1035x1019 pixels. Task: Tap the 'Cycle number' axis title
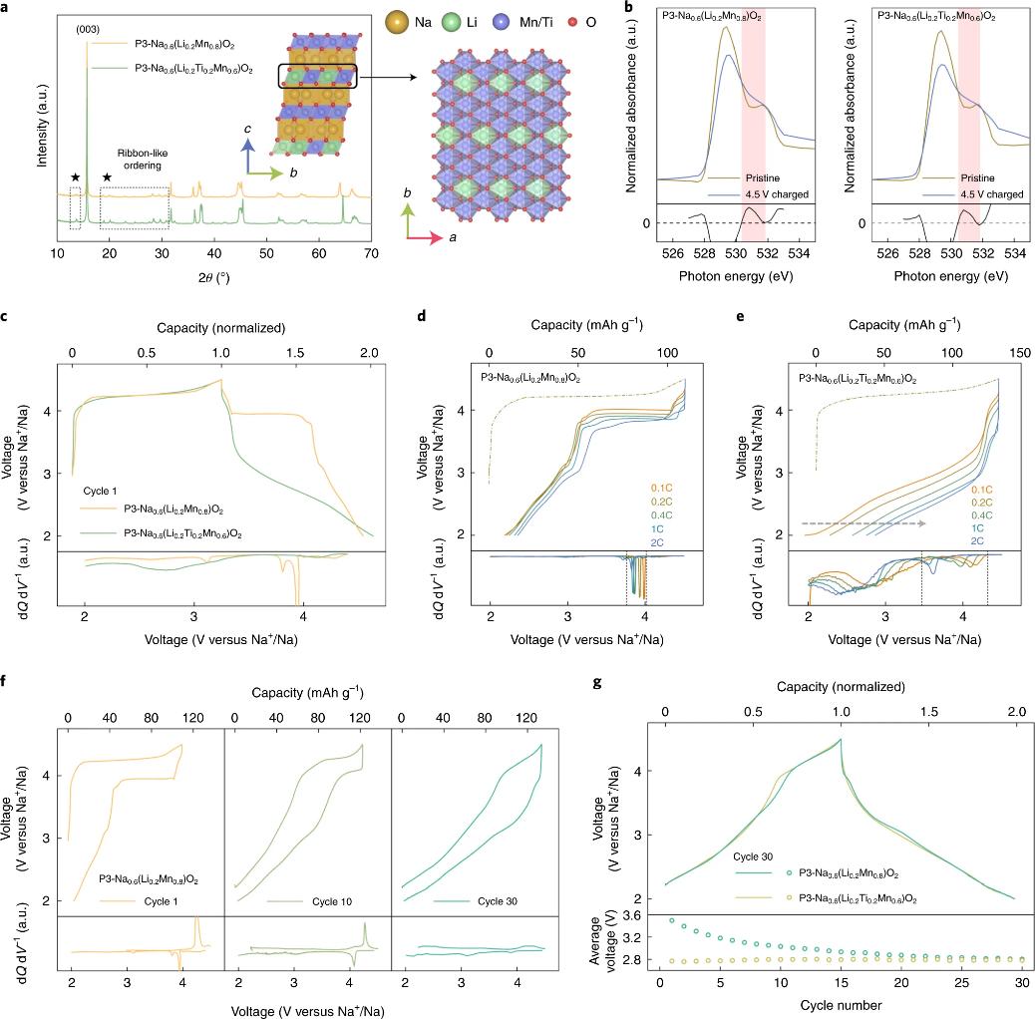click(841, 1006)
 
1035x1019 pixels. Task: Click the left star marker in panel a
click(75, 176)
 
